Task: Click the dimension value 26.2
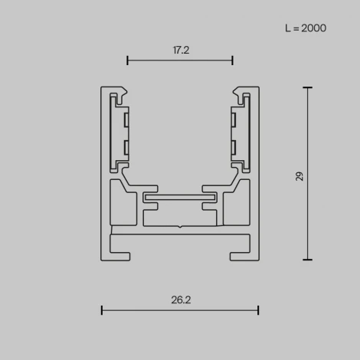click(x=180, y=300)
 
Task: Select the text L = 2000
click(x=305, y=28)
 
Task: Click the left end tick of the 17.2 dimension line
click(x=127, y=60)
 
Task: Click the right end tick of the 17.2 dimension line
click(x=232, y=60)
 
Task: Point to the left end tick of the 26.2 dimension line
click(x=102, y=309)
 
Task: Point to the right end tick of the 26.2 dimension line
click(x=258, y=309)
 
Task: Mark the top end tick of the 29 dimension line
click(x=308, y=87)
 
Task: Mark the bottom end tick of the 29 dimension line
click(x=308, y=260)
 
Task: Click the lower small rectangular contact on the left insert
click(x=125, y=146)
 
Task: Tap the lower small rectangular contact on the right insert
click(x=234, y=146)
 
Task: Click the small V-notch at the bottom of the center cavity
click(x=180, y=227)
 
